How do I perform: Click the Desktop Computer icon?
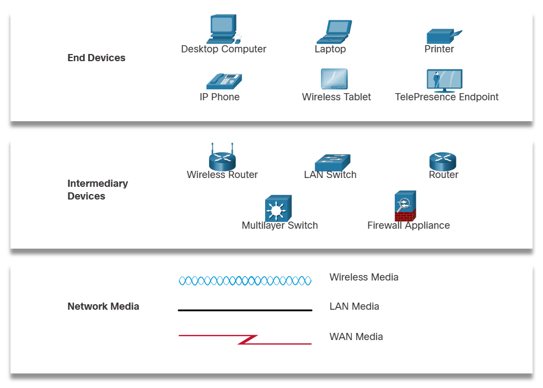(x=223, y=29)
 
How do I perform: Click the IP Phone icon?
(x=224, y=81)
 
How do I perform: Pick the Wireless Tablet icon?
(x=334, y=79)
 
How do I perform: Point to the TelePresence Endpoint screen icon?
(x=444, y=80)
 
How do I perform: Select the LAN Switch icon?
(x=332, y=162)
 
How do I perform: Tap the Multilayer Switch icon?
(x=278, y=208)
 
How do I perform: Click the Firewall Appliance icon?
(x=406, y=206)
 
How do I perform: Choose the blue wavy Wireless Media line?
(x=245, y=281)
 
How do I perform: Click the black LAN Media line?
(x=245, y=310)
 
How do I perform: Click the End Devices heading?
(x=96, y=58)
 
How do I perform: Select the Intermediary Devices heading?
(x=97, y=190)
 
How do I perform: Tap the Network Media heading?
(x=103, y=306)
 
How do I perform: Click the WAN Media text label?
(x=356, y=337)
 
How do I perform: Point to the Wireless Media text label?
(x=363, y=277)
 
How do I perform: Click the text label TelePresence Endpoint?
(x=447, y=97)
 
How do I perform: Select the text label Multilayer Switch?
(x=279, y=225)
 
